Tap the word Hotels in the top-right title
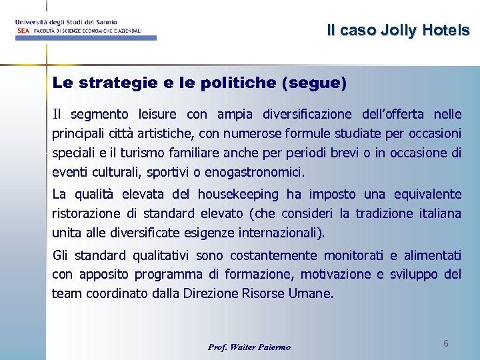pos(445,30)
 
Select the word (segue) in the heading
pos(314,83)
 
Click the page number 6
pos(445,343)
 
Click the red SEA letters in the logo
pos(22,31)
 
